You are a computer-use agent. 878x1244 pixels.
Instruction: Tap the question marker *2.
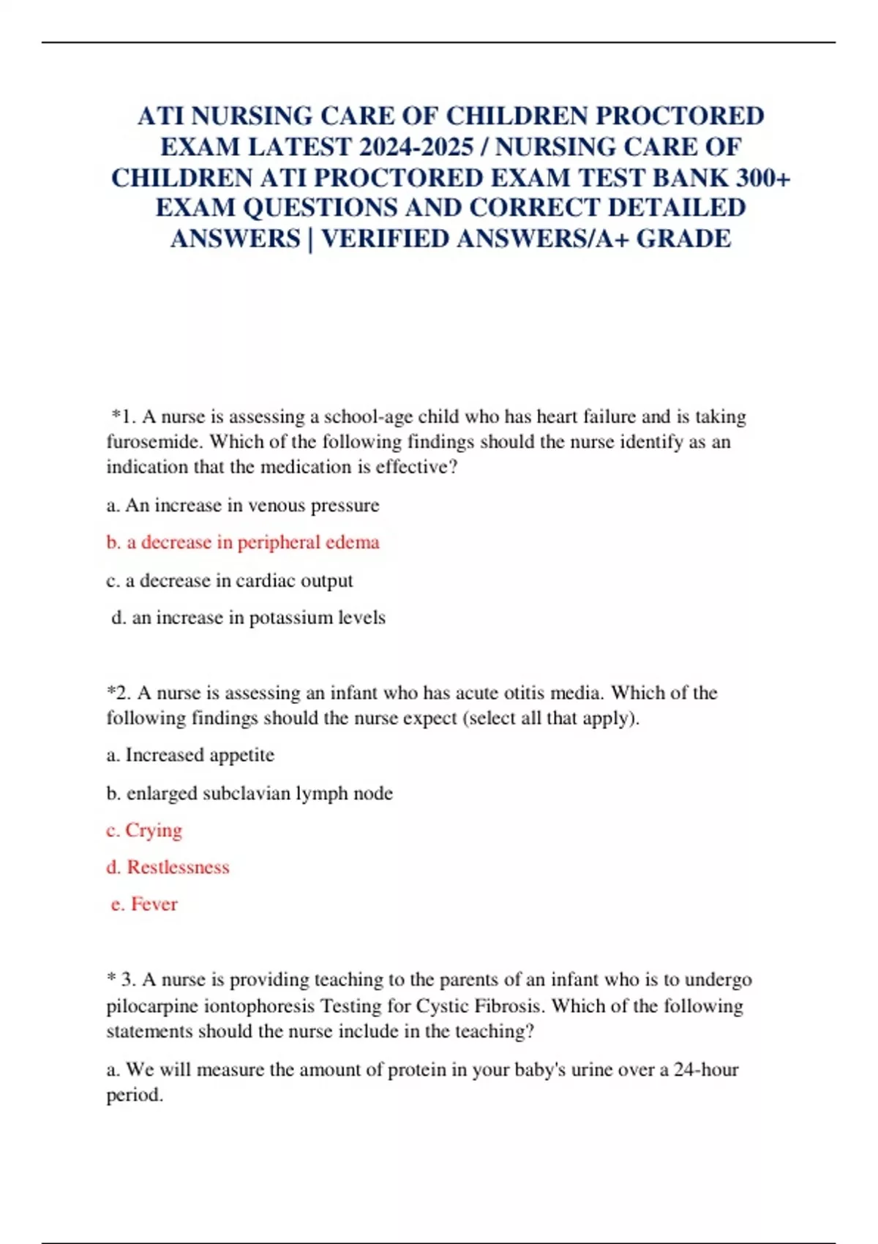pos(119,693)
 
